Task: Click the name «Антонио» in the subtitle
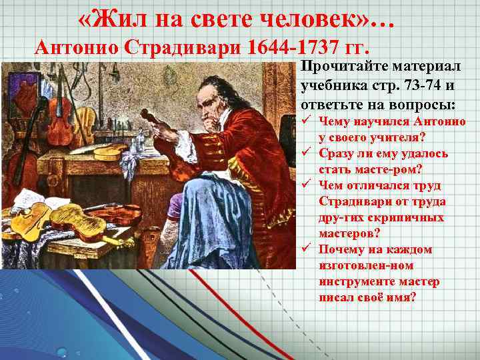[x=78, y=48]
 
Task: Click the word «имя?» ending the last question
[x=399, y=297]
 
